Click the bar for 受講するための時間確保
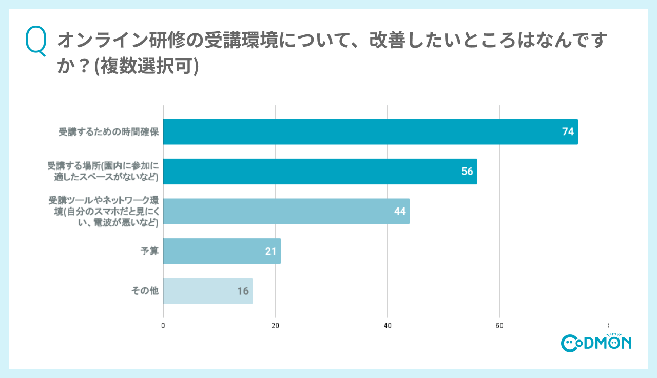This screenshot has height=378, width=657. pos(370,132)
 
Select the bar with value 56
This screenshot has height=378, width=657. pos(320,172)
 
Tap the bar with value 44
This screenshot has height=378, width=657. pos(286,211)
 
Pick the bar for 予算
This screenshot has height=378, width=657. pos(222,251)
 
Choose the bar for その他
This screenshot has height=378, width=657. pos(207,291)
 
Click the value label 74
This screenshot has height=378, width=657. pos(568,132)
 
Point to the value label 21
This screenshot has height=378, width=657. pos(271,251)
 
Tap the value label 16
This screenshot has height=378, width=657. pos(243,291)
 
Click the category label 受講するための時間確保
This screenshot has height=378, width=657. pos(109,132)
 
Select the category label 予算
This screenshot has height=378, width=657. pos(150,251)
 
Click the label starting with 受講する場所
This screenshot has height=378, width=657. pos(103,172)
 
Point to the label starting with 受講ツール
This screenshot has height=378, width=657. pos(103,211)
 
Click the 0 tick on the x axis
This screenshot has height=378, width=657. pos(163,326)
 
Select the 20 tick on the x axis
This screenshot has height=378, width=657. pos(275,326)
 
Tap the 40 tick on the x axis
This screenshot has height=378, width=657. pos(388,326)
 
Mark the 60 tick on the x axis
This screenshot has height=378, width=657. pos(499,326)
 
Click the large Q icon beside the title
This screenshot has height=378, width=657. pos(36,41)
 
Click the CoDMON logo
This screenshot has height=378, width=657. pos(596,342)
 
